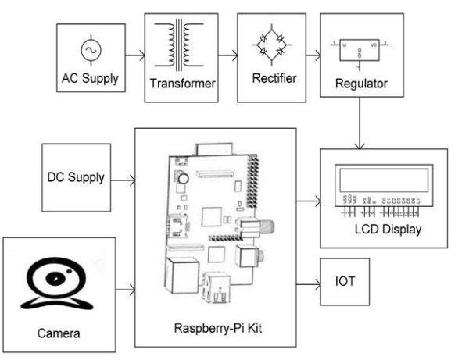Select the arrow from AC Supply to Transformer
click(x=132, y=56)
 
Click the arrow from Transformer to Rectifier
click(x=226, y=56)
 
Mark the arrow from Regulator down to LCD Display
click(x=360, y=125)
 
